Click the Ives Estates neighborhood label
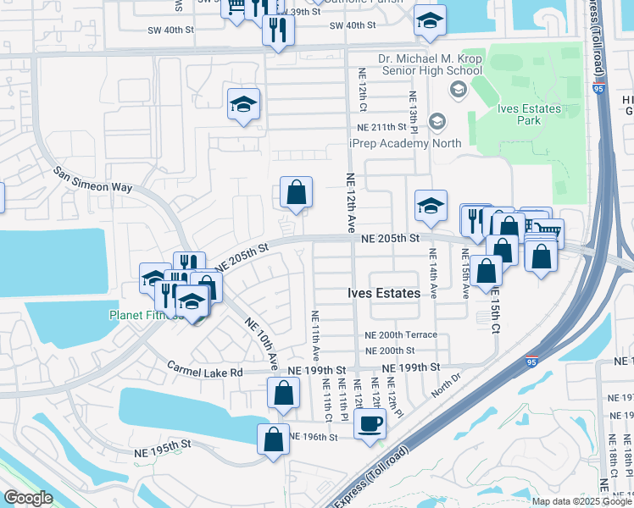click(x=384, y=293)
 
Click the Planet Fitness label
click(x=144, y=315)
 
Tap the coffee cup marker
click(x=370, y=423)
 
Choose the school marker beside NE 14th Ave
click(x=431, y=206)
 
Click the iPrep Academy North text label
click(x=405, y=143)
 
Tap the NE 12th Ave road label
click(x=350, y=201)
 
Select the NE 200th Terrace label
click(x=401, y=334)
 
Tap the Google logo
click(x=28, y=498)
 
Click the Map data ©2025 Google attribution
click(x=581, y=501)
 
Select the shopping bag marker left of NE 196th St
click(x=273, y=439)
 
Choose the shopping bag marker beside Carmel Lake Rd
click(x=283, y=393)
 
